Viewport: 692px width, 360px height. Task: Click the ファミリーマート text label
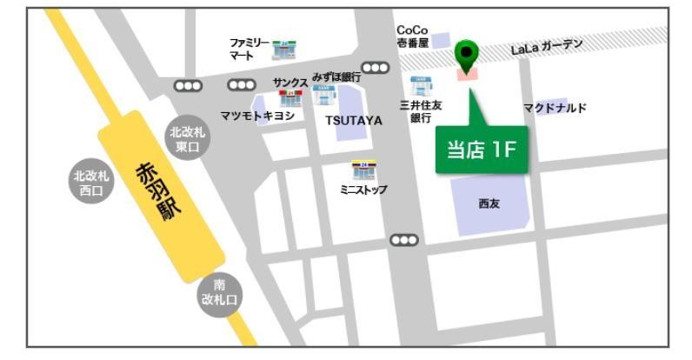249,49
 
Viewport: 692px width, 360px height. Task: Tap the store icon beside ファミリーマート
283,50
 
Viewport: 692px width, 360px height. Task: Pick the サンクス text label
290,81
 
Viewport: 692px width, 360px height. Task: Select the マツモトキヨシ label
257,116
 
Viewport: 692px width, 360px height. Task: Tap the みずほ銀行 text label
336,77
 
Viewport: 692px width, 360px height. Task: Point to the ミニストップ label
364,189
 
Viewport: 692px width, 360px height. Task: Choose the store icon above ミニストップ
363,170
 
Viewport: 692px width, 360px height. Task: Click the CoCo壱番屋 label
412,36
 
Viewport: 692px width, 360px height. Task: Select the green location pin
468,56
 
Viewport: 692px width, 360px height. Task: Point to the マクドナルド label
555,108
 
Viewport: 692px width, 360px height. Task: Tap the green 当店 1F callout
482,149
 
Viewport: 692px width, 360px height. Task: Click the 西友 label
489,204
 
